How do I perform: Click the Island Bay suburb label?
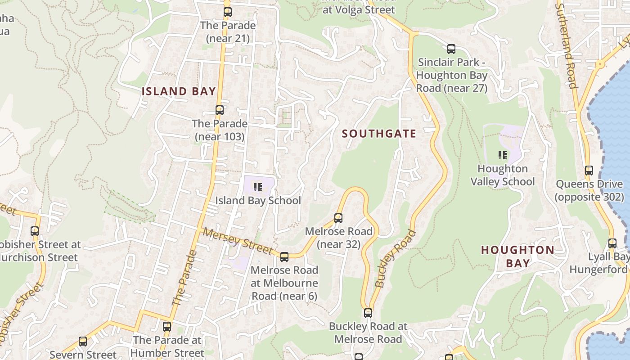(179, 91)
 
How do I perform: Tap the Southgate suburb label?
(379, 134)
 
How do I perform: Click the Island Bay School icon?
(257, 187)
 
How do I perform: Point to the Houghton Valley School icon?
(503, 156)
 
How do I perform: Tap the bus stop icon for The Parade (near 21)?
(228, 12)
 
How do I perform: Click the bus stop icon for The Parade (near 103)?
(220, 110)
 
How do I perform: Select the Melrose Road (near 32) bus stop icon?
(338, 218)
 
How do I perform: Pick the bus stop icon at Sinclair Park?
(451, 49)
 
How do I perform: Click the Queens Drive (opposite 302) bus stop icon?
(589, 171)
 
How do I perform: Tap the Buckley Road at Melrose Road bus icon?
(368, 313)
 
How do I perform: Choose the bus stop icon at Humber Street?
(167, 327)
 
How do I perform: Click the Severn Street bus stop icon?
(83, 342)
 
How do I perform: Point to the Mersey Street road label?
(237, 241)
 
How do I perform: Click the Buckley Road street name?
(396, 258)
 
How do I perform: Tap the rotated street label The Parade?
(184, 278)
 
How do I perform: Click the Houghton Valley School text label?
(503, 175)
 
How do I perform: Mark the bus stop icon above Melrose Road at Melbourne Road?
(284, 257)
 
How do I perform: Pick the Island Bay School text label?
(258, 201)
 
